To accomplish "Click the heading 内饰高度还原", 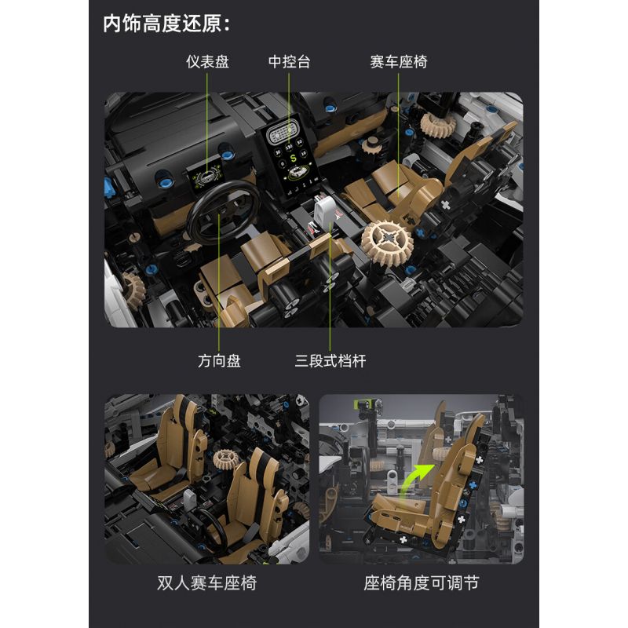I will (x=166, y=24).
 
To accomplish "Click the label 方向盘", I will (x=219, y=361).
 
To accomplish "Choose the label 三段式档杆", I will (x=330, y=361).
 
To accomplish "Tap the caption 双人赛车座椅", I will (x=207, y=583).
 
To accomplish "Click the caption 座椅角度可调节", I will (x=421, y=583).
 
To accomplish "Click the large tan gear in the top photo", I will (x=388, y=239).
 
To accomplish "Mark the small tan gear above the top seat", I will (x=433, y=123).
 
